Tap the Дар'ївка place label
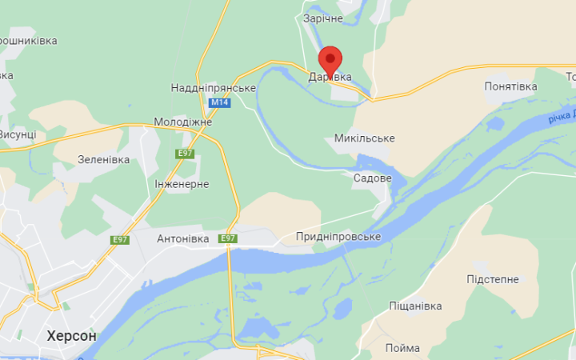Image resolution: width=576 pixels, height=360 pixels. [x=330, y=77]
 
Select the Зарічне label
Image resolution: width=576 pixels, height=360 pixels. [x=323, y=18]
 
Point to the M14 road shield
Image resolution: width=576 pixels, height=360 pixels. [x=218, y=103]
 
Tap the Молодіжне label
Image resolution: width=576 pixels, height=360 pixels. [x=184, y=122]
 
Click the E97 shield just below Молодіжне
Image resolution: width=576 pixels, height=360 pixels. [x=186, y=153]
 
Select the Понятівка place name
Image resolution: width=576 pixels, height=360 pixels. [x=510, y=86]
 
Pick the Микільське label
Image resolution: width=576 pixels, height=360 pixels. [x=365, y=138]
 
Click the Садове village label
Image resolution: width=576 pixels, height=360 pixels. [x=373, y=178]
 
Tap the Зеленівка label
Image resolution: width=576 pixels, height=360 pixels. [x=104, y=159]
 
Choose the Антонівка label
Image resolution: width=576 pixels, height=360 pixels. [x=182, y=238]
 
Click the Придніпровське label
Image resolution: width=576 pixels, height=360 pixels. [x=338, y=237]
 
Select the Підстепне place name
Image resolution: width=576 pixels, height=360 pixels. [x=493, y=279]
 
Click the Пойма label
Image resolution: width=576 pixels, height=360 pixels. [x=402, y=348]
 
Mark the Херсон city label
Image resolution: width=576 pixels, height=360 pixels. [x=72, y=336]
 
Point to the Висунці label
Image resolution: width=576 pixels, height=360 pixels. [x=16, y=134]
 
